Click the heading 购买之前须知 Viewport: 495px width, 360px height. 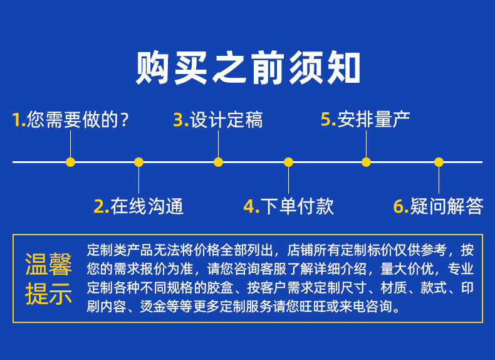tap(247, 68)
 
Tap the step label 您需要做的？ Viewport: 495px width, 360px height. tap(78, 120)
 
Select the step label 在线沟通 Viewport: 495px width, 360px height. tap(147, 206)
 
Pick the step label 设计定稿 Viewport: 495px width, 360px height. tap(226, 120)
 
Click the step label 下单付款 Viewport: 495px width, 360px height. tap(298, 206)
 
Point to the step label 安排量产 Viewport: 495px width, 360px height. tap(374, 119)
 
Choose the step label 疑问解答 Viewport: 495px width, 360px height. tap(447, 206)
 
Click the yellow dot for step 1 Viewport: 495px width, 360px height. tap(70, 162)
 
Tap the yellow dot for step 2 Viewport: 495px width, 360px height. tap(138, 162)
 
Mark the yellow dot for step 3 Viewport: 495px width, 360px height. tap(218, 162)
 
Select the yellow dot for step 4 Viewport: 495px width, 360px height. tap(288, 162)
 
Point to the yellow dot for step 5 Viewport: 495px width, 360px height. tap(366, 162)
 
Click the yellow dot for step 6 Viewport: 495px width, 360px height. tap(439, 162)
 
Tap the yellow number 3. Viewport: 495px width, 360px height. tap(179, 120)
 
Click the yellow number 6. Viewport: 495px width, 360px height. tap(399, 206)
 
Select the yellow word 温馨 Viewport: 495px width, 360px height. tap(49, 265)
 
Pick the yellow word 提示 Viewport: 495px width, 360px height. tap(49, 294)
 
